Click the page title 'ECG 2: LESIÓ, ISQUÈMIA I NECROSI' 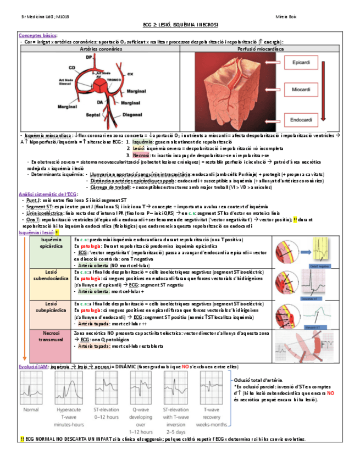pyautogui.click(x=180, y=25)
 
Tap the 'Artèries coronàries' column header pyautogui.click(x=99, y=49)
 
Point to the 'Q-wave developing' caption pyautogui.click(x=143, y=414)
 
